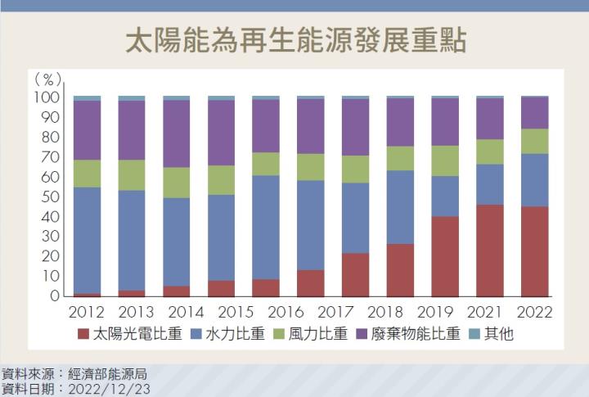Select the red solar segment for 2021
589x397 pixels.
(x=490, y=250)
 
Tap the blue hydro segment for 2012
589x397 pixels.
(x=88, y=240)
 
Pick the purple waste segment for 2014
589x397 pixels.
(x=177, y=133)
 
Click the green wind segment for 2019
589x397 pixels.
(x=445, y=161)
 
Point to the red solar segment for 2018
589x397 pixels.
(x=401, y=270)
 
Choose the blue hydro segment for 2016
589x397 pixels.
(x=267, y=228)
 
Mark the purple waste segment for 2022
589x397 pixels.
(x=535, y=113)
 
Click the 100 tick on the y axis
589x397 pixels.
(x=47, y=97)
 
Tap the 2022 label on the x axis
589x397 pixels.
(x=535, y=312)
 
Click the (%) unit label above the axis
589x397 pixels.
(x=47, y=79)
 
